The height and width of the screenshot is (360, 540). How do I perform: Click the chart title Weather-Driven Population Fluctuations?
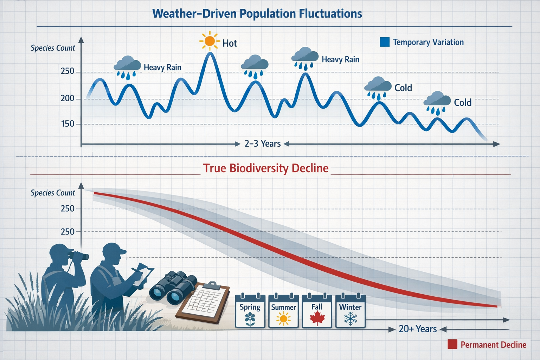pyautogui.click(x=257, y=14)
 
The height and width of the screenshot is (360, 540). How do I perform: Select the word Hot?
pyautogui.click(x=230, y=43)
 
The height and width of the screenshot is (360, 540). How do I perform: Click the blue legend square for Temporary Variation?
pyautogui.click(x=385, y=42)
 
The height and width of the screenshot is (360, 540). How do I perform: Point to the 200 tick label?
pyautogui.click(x=67, y=98)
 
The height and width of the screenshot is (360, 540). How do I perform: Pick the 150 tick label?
pyautogui.click(x=67, y=124)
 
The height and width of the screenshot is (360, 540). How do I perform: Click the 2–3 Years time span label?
pyautogui.click(x=263, y=144)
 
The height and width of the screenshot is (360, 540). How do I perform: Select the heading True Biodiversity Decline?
pyautogui.click(x=266, y=168)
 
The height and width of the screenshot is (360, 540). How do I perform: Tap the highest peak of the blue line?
pyautogui.click(x=210, y=53)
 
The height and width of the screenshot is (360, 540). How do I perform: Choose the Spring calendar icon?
pyautogui.click(x=250, y=311)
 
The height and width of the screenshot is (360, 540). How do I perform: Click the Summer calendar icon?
pyautogui.click(x=283, y=311)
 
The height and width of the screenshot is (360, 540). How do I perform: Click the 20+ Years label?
pyautogui.click(x=418, y=329)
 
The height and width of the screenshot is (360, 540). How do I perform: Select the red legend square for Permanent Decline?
pyautogui.click(x=452, y=344)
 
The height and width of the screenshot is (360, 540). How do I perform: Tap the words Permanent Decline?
pyautogui.click(x=493, y=345)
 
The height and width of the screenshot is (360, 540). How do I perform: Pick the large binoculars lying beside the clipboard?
pyautogui.click(x=173, y=287)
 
